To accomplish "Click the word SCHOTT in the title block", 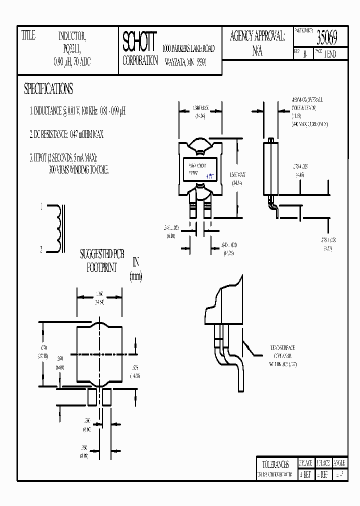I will pyautogui.click(x=139, y=42).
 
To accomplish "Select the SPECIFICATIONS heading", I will pyautogui.click(x=48, y=89).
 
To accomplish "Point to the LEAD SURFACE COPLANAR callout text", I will pyautogui.click(x=283, y=355).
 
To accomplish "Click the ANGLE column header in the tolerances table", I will pyautogui.click(x=339, y=463).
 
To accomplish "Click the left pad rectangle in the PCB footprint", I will pyautogui.click(x=92, y=397).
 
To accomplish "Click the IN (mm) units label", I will pyautogui.click(x=136, y=269).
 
